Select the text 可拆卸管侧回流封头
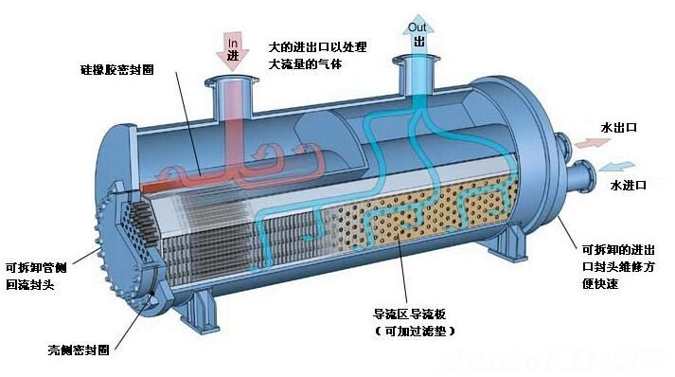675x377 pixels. click(37, 275)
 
